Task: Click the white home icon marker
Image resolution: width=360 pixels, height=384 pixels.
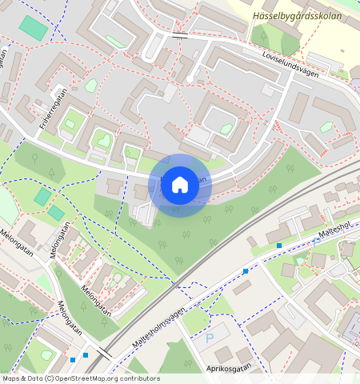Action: (x=180, y=185)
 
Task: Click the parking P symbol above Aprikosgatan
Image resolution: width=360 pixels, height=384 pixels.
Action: (x=210, y=339)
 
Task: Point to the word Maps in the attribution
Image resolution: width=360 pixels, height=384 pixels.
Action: (x=11, y=378)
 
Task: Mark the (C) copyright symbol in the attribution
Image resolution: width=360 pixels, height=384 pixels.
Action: (x=50, y=378)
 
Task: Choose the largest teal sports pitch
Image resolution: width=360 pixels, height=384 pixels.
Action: (x=33, y=28)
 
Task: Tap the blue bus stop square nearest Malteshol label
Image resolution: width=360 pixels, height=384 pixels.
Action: (x=279, y=245)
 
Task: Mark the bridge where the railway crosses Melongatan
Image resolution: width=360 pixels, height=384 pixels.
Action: (x=103, y=353)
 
